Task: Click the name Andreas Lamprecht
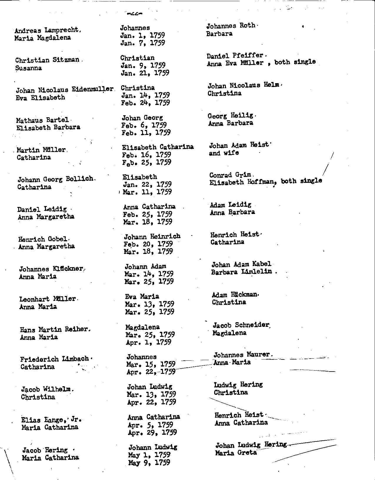(x=47, y=30)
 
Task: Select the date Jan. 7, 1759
(x=142, y=43)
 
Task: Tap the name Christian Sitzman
(x=47, y=60)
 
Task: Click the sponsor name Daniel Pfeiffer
(x=235, y=55)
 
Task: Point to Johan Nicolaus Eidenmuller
(x=64, y=90)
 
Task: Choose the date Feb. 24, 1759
(x=145, y=103)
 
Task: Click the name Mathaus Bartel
(x=43, y=120)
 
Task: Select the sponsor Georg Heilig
(x=230, y=116)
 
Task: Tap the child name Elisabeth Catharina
(x=158, y=147)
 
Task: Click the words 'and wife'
(x=224, y=153)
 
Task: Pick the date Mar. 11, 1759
(x=147, y=192)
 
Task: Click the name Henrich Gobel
(x=43, y=239)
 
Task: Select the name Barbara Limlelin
(x=241, y=272)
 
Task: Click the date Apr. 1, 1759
(x=148, y=342)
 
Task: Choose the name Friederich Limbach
(x=54, y=359)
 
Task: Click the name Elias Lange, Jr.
(x=51, y=420)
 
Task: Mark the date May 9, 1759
(x=149, y=463)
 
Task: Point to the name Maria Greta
(x=236, y=453)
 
